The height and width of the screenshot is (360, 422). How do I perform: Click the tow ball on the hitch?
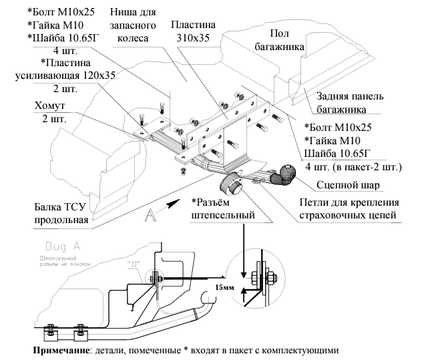tap(288, 173)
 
